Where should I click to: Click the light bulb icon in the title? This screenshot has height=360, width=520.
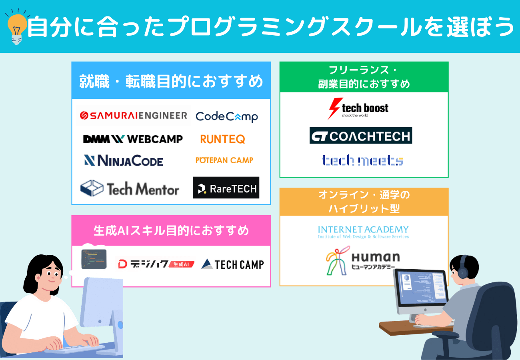point(16,27)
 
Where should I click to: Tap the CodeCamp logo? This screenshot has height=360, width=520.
point(226,116)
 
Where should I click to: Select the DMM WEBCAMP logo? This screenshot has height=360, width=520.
point(133,139)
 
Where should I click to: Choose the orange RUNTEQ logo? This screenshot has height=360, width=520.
point(222,139)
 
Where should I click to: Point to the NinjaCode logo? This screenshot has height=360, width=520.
point(124,161)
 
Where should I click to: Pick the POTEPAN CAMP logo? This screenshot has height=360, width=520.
point(224,160)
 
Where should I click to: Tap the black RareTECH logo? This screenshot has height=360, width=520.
point(226,188)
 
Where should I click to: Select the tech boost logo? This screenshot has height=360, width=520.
point(358,108)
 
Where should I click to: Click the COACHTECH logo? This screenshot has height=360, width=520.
point(361,136)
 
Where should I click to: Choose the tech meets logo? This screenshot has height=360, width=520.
point(362,160)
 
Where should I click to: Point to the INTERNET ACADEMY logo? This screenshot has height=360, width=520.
point(363,232)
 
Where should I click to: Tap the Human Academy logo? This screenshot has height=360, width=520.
point(362,260)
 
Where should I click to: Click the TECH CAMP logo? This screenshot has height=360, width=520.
point(232,264)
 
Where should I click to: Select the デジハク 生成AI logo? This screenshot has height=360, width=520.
point(155,264)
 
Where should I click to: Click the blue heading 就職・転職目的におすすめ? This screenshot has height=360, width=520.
point(171,82)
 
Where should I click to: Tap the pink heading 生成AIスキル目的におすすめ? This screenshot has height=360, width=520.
point(171,231)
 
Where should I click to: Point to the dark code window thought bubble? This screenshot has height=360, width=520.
point(94,259)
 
